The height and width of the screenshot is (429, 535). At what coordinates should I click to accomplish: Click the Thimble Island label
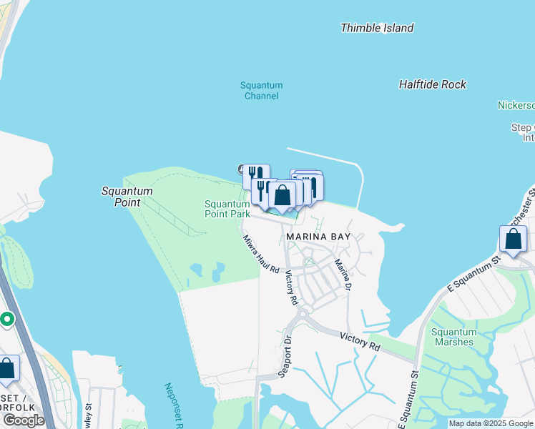tap(377, 28)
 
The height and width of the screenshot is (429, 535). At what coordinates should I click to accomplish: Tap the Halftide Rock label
tap(432, 84)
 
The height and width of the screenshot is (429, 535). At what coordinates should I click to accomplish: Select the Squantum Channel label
tap(261, 91)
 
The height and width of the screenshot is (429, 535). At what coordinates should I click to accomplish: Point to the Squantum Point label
tap(127, 197)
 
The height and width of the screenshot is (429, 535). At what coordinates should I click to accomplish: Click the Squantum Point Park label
tap(227, 209)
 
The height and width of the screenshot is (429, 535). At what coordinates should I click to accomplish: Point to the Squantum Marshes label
tap(453, 337)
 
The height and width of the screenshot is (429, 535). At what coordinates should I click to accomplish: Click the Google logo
tap(24, 420)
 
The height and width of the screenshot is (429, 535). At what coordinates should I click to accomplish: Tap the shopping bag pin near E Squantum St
tap(513, 239)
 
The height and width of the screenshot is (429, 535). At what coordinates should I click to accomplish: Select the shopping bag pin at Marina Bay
tap(283, 194)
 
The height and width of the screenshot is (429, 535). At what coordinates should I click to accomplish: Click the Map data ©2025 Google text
tap(491, 423)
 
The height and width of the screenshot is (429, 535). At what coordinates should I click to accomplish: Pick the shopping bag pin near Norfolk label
tap(6, 368)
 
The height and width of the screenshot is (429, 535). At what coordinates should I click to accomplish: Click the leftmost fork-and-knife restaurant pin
tap(255, 175)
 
